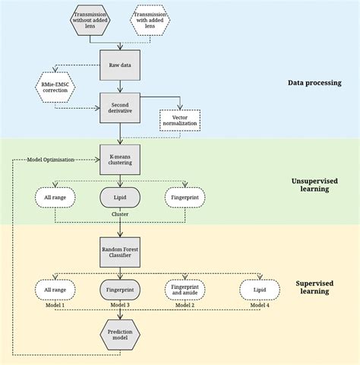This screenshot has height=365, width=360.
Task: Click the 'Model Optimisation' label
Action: point(51,160)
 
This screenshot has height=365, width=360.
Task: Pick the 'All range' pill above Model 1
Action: point(55,289)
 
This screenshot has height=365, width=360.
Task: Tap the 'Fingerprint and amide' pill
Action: point(185,289)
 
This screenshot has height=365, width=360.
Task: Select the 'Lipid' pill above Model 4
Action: point(258,289)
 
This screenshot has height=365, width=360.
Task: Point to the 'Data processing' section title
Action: point(314,83)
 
